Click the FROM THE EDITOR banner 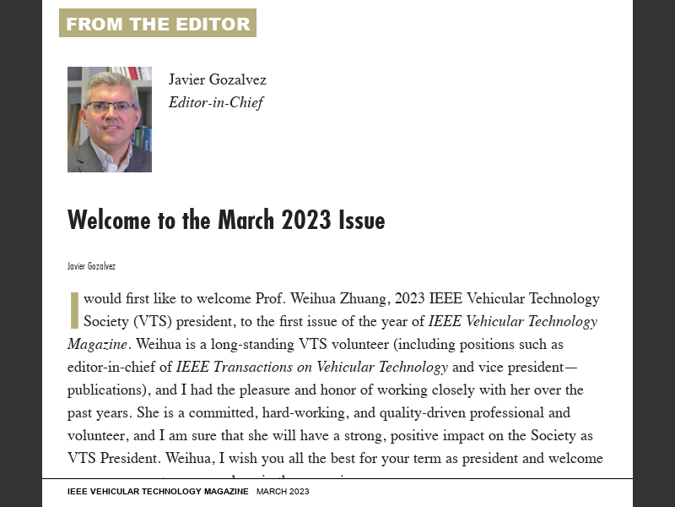(158, 24)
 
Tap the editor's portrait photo (110, 119)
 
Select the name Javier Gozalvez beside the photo (217, 80)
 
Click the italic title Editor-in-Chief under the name (216, 103)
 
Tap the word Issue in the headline (361, 221)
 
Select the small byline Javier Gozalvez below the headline (91, 266)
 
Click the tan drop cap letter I (74, 310)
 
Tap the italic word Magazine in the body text (97, 345)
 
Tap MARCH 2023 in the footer (283, 492)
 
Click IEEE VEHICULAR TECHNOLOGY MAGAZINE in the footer (158, 492)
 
